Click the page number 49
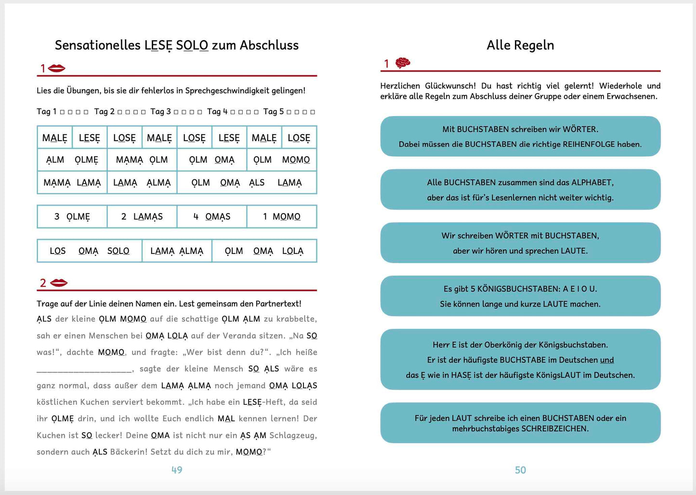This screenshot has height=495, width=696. (x=177, y=470)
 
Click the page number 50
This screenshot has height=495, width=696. (x=520, y=470)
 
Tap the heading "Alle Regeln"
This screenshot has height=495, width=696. (x=520, y=45)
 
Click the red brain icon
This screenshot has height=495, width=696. (x=403, y=63)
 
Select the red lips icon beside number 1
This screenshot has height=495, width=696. (x=57, y=68)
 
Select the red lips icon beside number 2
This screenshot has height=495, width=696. (x=59, y=282)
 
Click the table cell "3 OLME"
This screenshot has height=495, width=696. (x=72, y=217)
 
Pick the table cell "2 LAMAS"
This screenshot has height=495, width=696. (x=142, y=217)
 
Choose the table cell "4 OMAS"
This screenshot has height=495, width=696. (x=212, y=217)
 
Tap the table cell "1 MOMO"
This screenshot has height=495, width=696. (x=282, y=217)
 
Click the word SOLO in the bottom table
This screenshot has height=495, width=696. (x=118, y=251)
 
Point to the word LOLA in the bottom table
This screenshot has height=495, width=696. (x=293, y=251)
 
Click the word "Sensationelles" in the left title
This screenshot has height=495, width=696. (x=98, y=45)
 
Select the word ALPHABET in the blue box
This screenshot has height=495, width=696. (x=592, y=183)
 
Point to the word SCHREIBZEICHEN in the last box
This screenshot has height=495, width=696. (x=555, y=429)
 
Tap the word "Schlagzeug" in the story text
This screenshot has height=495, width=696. (x=292, y=436)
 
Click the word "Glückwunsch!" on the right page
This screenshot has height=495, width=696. (x=453, y=86)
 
